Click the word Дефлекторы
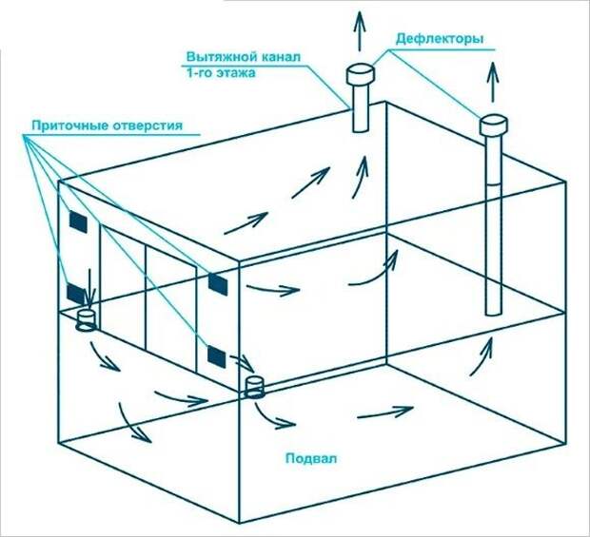coord(440,39)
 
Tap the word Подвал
coord(311,458)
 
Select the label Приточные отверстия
coord(107,125)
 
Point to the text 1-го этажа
coord(221,72)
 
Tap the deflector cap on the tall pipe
coord(493,125)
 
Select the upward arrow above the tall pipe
coord(493,82)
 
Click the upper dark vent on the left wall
coord(78,221)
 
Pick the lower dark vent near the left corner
coord(75,295)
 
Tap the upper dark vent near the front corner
coord(218,284)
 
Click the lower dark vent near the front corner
coord(216,356)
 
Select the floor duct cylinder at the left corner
coord(87,320)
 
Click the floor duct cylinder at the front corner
coord(255,388)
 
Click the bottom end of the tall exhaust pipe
coord(493,313)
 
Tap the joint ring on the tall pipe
coord(493,184)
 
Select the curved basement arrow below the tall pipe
coord(482,356)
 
